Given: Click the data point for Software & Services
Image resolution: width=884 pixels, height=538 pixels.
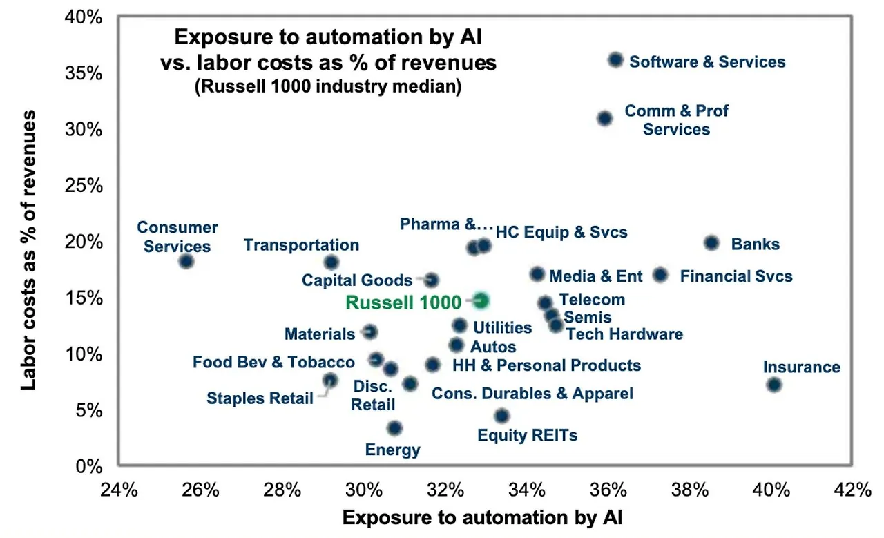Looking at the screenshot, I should (x=615, y=60).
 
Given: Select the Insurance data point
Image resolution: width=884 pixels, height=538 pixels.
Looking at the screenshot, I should (x=773, y=385).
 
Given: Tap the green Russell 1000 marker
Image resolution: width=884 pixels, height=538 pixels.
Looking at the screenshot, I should (x=481, y=300).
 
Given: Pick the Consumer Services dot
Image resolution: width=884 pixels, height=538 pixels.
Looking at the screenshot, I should (x=186, y=261).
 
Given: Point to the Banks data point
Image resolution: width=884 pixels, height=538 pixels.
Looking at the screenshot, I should (x=711, y=243).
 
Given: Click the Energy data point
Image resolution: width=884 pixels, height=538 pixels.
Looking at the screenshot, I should (x=394, y=428).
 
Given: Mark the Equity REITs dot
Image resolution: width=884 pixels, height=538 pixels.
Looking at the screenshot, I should (x=502, y=416).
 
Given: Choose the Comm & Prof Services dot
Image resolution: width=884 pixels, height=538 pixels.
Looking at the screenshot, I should (x=604, y=118).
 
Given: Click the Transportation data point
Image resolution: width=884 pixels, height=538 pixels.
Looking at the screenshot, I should (x=331, y=262).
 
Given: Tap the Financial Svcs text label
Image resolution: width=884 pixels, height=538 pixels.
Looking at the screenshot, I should (x=736, y=277).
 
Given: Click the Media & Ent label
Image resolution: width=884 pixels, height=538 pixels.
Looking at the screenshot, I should (x=596, y=277).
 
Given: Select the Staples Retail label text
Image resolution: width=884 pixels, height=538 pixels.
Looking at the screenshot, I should (x=260, y=398).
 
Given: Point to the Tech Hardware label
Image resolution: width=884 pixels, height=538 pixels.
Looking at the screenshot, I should (x=624, y=334).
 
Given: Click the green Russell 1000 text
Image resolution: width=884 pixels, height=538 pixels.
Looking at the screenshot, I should (x=403, y=302).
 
